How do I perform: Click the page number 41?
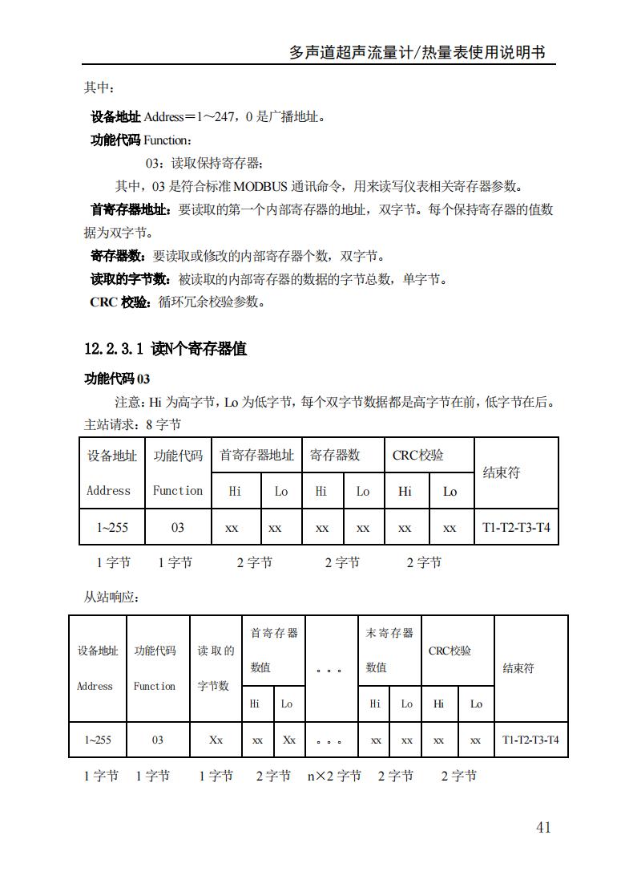click(543, 827)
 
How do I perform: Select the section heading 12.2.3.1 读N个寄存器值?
click(165, 349)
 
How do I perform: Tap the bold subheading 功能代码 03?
click(117, 379)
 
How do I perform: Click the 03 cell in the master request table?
click(178, 527)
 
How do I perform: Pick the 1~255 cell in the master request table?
click(112, 527)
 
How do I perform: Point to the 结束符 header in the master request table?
click(502, 472)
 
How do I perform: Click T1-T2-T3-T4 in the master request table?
click(516, 527)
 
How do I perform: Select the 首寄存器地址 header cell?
click(256, 455)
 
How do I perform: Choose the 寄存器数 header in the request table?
click(335, 455)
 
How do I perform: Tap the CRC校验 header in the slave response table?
click(450, 651)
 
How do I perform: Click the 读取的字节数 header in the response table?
click(215, 667)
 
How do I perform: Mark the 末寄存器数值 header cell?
click(389, 650)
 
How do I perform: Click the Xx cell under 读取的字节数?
click(216, 740)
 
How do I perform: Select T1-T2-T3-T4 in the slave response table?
click(530, 740)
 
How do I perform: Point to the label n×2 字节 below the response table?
click(333, 776)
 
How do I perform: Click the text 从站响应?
click(112, 598)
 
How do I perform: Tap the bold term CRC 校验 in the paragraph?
click(120, 302)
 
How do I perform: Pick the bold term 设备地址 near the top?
click(116, 117)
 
